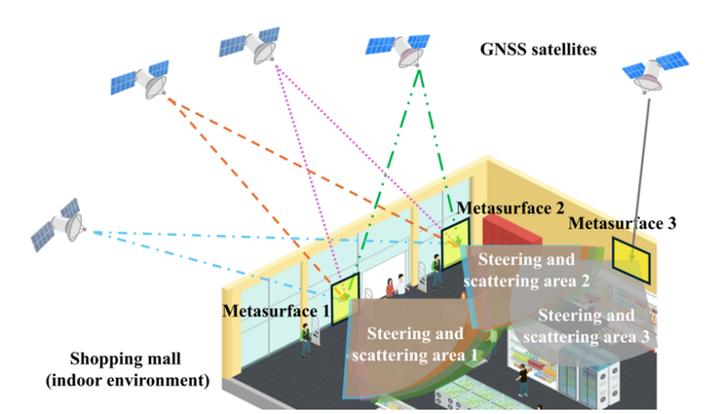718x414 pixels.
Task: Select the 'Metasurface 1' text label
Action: (276, 310)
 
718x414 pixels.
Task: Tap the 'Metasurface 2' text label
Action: (511, 209)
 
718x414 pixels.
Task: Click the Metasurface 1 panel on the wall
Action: (345, 293)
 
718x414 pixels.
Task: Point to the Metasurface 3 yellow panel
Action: (633, 254)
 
